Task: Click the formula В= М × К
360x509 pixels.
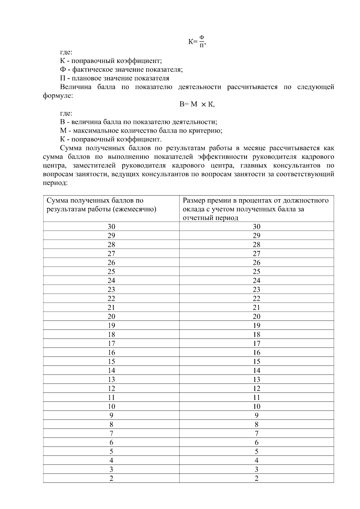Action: (x=197, y=104)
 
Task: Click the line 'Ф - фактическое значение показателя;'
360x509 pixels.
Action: (x=121, y=70)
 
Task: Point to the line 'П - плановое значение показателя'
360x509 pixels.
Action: (x=115, y=78)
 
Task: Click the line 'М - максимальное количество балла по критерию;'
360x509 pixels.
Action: (x=141, y=131)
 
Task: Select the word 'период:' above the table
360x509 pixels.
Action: (x=55, y=183)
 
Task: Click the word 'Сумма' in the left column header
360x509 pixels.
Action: (x=57, y=200)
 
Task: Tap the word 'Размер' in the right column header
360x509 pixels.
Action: (x=194, y=200)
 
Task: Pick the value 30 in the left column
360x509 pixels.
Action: (x=111, y=227)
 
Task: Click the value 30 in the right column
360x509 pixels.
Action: (x=256, y=227)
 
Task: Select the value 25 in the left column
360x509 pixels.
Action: (x=111, y=272)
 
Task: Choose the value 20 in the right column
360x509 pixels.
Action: (x=256, y=317)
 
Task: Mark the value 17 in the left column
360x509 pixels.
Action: (x=111, y=344)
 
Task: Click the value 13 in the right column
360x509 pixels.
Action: (x=256, y=380)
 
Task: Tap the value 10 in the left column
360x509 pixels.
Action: (x=111, y=407)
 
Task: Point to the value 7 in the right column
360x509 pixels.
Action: (x=256, y=434)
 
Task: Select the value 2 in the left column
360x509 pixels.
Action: (x=111, y=479)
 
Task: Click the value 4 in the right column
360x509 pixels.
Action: (x=256, y=461)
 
